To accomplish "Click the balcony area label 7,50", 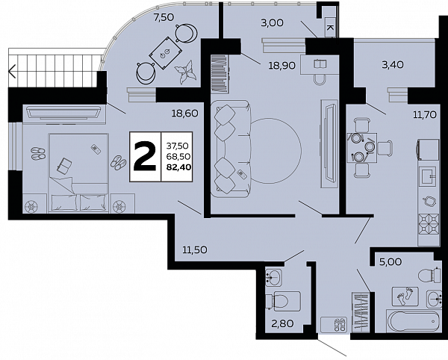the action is click(x=164, y=17).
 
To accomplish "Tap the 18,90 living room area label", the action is click(x=281, y=66).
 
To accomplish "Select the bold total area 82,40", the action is click(x=178, y=167).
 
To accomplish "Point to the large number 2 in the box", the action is click(x=145, y=157).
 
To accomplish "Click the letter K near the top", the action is click(x=330, y=28).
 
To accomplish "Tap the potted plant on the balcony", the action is click(x=185, y=72).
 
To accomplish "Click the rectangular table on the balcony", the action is click(x=166, y=54).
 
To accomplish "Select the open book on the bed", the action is click(x=64, y=165).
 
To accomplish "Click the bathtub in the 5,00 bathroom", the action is click(x=413, y=321).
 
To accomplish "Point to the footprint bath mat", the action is click(x=405, y=297).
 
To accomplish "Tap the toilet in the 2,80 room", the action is click(x=283, y=301).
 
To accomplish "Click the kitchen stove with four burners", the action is click(x=429, y=224).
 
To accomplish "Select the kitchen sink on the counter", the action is click(x=429, y=176).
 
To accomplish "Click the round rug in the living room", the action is click(x=276, y=151).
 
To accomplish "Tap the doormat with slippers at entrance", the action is click(x=334, y=325).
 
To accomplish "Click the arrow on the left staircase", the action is click(x=12, y=72).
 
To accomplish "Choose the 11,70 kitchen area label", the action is click(x=425, y=115).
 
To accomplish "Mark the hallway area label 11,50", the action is click(x=195, y=250).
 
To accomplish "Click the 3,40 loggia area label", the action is click(x=393, y=64).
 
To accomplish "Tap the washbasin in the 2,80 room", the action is click(x=273, y=277).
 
